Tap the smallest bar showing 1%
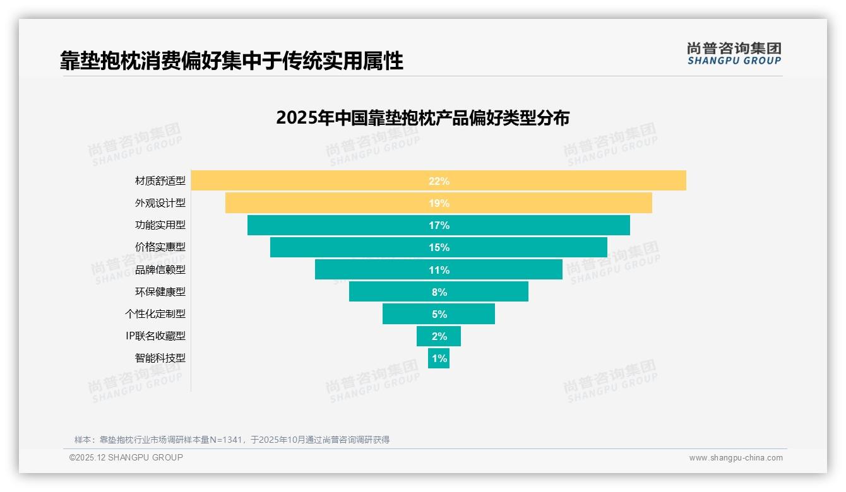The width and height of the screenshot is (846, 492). click(439, 358)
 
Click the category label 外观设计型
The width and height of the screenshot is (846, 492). click(160, 203)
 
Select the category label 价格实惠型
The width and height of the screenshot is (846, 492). click(160, 247)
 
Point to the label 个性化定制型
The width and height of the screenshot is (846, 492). click(155, 313)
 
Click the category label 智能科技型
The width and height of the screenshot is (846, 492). click(160, 358)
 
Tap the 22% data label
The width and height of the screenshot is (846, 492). click(439, 181)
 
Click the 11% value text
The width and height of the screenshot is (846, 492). click(439, 270)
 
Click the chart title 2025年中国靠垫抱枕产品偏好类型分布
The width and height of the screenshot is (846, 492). click(422, 118)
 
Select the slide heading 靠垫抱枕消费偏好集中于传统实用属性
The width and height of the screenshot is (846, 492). click(232, 61)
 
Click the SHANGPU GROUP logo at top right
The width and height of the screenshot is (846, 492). click(734, 54)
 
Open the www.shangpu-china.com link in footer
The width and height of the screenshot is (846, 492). click(736, 458)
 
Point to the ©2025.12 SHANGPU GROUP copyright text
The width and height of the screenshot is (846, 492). click(126, 457)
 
